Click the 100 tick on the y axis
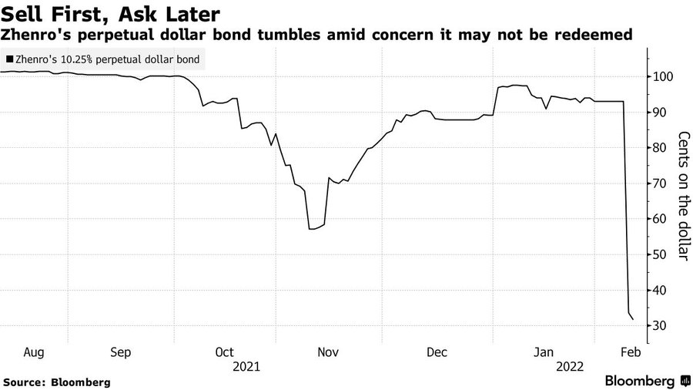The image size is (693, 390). point(661,77)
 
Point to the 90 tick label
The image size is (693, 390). point(661,113)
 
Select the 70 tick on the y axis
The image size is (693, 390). point(661,183)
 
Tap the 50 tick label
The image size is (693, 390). point(661,255)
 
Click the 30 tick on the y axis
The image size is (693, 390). point(661,326)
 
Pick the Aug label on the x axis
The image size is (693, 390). point(34,351)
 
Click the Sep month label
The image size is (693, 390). point(121,351)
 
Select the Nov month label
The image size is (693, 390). point(329,351)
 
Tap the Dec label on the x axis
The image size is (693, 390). point(437,351)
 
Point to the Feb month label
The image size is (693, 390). point(630,351)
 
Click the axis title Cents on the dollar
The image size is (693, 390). point(683,196)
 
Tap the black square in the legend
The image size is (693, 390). point(8,58)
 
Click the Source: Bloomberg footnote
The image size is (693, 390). point(56,382)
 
